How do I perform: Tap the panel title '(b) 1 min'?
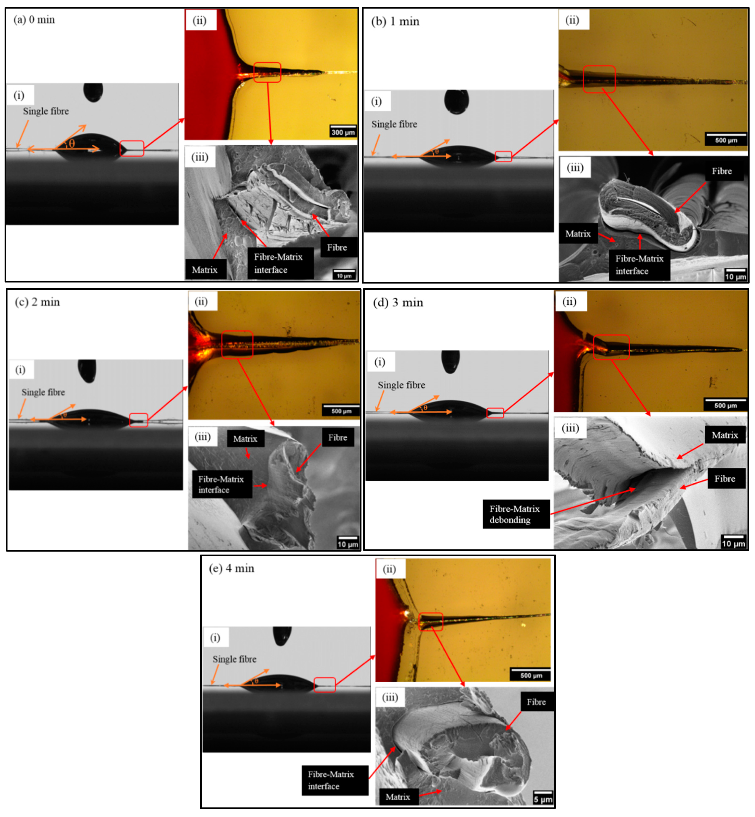click(x=395, y=21)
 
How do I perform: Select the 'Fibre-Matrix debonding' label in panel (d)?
click(x=516, y=514)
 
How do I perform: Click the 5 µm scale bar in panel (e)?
click(x=542, y=797)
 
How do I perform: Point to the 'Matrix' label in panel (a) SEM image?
click(x=205, y=270)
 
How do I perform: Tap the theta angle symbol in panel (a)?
click(x=72, y=143)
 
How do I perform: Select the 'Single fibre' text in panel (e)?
click(x=235, y=659)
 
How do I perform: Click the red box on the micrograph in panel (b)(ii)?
click(x=599, y=79)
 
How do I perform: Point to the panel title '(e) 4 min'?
click(x=232, y=568)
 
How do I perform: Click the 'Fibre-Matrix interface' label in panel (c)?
click(x=222, y=484)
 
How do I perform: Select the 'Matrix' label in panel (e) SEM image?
click(x=397, y=797)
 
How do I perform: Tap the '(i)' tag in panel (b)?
click(x=376, y=101)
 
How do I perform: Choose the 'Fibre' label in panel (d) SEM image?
click(x=724, y=479)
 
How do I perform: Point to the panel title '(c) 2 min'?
click(x=37, y=302)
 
